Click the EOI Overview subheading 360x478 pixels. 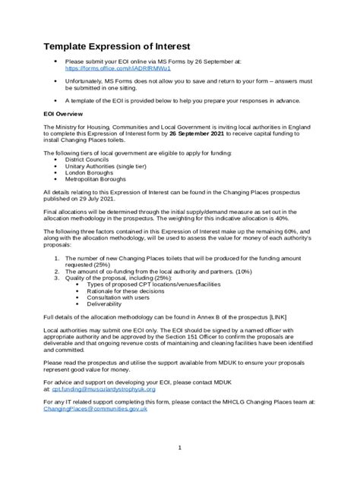pos(67,116)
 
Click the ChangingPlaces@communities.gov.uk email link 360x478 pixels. pos(96,409)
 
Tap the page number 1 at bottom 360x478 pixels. pos(180,448)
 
